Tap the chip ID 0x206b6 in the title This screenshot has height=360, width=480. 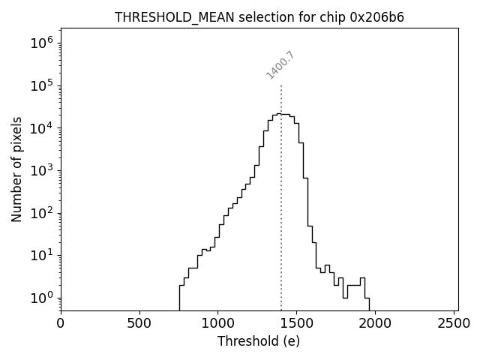tap(377, 17)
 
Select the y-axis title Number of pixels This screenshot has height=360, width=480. tap(16, 169)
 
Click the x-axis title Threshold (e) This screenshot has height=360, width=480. tap(259, 341)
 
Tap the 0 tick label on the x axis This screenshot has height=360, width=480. tap(61, 324)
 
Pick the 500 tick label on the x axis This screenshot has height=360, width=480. tap(139, 324)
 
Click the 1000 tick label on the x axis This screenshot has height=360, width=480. tap(217, 324)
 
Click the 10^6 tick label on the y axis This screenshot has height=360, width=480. tap(42, 43)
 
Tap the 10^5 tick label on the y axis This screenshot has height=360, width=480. tap(42, 85)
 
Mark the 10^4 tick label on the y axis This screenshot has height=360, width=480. tap(42, 128)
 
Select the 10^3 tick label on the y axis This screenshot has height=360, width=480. tap(42, 170)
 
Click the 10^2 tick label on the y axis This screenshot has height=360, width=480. tap(42, 213)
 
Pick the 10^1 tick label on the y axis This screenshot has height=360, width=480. tap(42, 255)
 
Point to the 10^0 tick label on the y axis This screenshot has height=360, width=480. tap(42, 298)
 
